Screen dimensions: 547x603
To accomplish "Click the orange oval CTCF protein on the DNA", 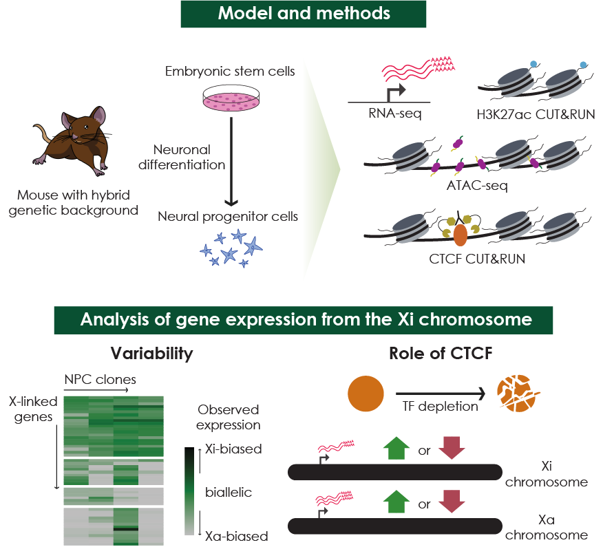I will click(459, 233).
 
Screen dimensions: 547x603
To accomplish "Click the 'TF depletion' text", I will click(440, 406).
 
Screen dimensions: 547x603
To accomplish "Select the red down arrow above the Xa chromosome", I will click(452, 504).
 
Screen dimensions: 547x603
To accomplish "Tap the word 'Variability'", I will click(151, 354).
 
